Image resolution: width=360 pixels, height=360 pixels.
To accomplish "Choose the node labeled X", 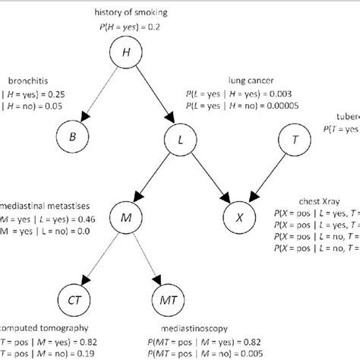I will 239,217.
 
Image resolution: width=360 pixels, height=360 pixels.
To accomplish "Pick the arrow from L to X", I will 210,178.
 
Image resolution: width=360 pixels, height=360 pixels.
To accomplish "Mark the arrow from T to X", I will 267,178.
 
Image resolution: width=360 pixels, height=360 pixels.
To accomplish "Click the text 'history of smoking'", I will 126,12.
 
